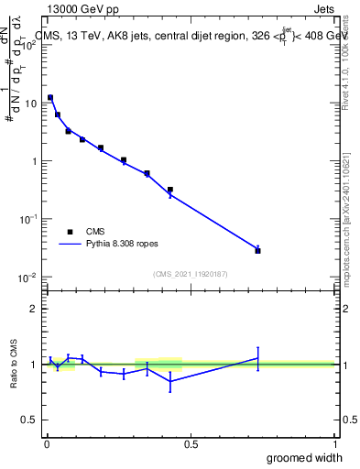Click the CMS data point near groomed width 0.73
pos(257,250)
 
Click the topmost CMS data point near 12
pos(50,97)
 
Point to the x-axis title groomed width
pos(305,457)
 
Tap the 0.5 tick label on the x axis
pos(191,442)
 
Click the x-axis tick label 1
pos(333,442)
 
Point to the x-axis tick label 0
pos(47,442)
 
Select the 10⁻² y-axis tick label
pos(29,277)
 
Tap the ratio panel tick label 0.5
pos(29,420)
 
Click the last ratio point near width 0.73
pos(257,358)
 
